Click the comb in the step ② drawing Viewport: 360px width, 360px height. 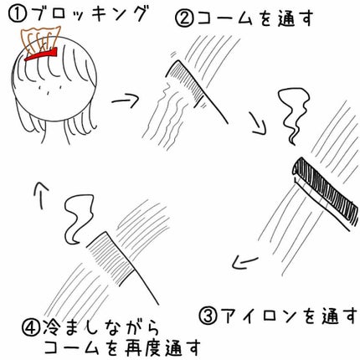coord(188,84)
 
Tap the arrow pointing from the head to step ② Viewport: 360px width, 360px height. coord(123,100)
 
